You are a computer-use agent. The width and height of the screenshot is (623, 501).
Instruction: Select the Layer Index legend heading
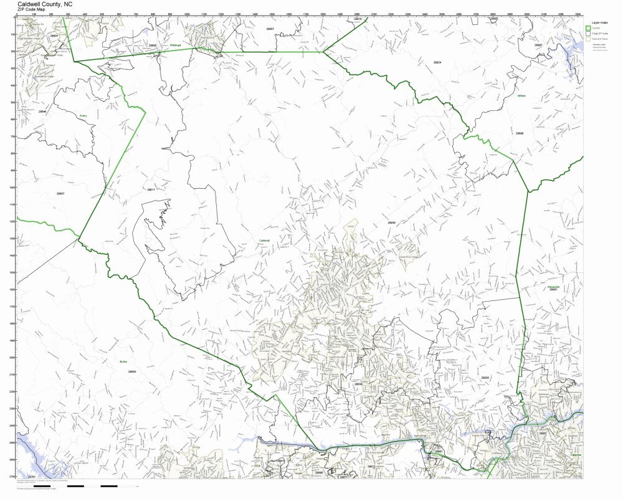[x=600, y=21]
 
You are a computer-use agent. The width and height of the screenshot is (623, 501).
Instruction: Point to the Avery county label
[x=83, y=116]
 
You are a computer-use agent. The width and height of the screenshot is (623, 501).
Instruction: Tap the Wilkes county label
[x=522, y=96]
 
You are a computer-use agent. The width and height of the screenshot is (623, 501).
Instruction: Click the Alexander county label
[x=553, y=287]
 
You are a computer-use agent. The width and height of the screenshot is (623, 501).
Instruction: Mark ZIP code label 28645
[x=391, y=222]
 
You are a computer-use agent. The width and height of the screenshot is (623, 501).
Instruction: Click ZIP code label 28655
[x=131, y=371]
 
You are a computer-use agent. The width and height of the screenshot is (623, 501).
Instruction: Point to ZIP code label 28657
[x=60, y=194]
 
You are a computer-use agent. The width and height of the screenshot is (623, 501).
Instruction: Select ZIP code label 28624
[x=437, y=63]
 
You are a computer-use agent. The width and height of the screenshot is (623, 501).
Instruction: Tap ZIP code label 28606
[x=520, y=133]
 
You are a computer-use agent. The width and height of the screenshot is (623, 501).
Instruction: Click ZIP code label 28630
[x=485, y=378]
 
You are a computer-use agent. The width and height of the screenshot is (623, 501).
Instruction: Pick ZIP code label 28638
[x=358, y=384]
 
